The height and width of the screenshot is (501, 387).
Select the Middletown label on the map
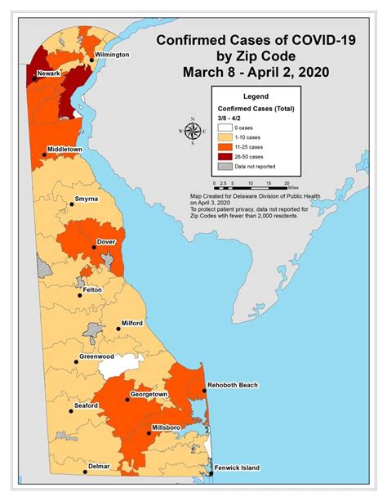click(x=69, y=150)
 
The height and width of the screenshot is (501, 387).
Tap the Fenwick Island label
click(x=239, y=468)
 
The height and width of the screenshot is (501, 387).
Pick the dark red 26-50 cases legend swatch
click(x=224, y=156)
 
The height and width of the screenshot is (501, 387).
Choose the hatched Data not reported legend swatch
click(x=224, y=167)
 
